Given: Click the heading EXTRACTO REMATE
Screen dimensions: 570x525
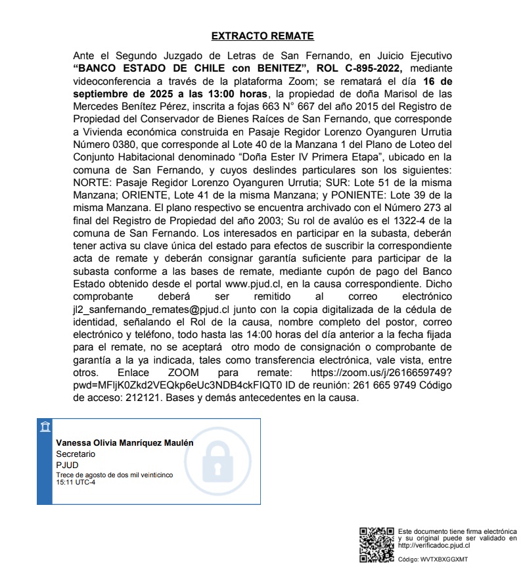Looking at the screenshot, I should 262,36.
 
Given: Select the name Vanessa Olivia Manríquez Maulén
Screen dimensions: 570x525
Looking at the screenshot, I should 125,443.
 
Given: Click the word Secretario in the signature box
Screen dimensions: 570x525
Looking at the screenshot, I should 76,454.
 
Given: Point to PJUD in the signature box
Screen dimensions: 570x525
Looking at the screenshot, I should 66,465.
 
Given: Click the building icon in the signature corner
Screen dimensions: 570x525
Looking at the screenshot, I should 45,428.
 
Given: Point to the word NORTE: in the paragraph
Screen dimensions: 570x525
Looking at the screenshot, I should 92,179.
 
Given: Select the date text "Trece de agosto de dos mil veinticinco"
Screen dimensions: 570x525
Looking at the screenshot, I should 104,475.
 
